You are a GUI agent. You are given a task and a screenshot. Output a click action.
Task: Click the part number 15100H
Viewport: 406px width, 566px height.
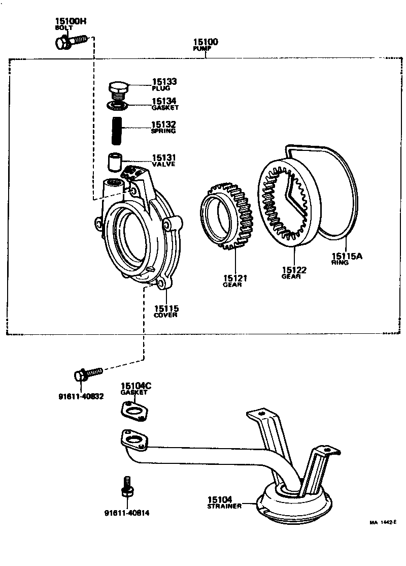[70, 21]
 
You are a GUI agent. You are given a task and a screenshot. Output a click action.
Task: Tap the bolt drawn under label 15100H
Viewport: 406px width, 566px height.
[71, 40]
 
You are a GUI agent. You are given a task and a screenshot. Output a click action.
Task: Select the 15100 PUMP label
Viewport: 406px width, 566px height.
[206, 42]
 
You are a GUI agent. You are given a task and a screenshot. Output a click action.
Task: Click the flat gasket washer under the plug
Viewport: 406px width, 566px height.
[118, 105]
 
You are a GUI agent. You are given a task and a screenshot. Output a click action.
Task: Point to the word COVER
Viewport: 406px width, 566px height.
[166, 315]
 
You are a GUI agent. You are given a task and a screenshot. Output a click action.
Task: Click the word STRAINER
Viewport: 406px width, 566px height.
[223, 507]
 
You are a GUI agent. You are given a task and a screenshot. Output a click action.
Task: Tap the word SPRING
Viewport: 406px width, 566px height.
[163, 131]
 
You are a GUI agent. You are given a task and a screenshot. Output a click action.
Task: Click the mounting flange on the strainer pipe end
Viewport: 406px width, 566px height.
[134, 440]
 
